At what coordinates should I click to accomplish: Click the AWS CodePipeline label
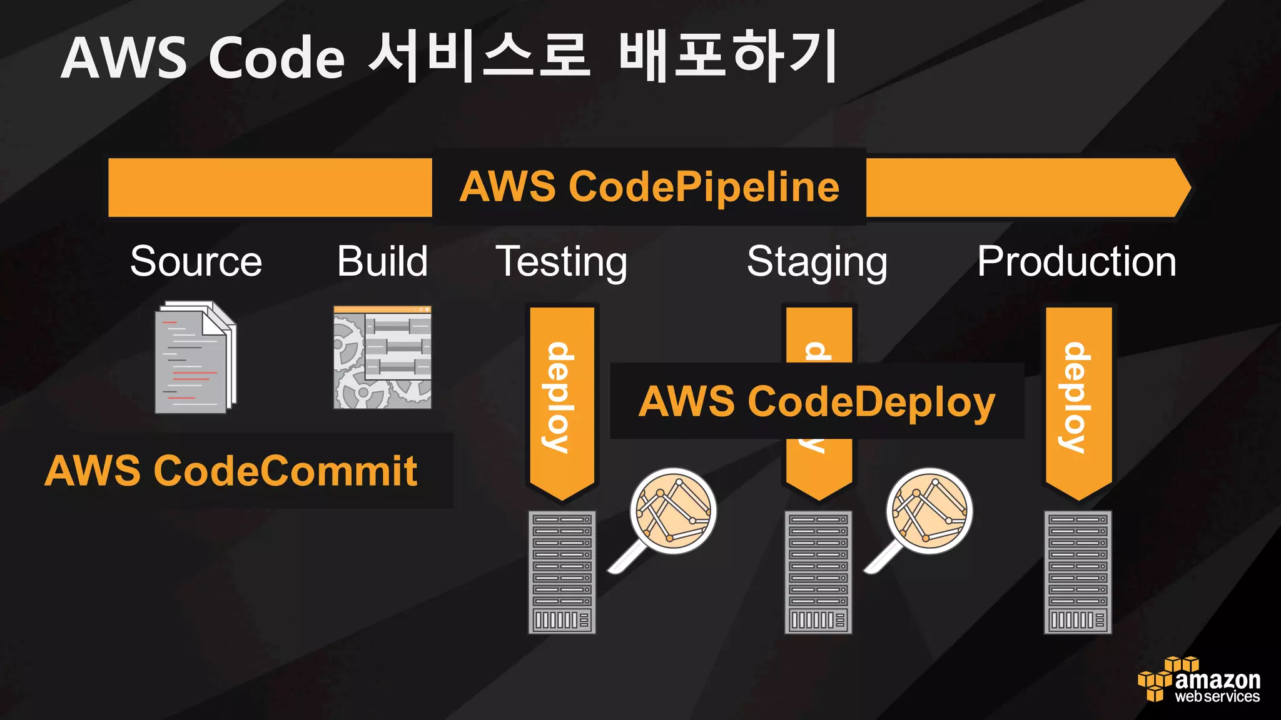649,187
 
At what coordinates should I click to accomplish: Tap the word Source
196,261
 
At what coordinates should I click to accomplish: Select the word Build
382,261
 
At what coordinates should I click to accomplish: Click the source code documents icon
195,357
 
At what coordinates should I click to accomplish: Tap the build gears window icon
382,357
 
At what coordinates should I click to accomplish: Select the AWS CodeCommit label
231,471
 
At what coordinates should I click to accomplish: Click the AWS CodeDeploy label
816,401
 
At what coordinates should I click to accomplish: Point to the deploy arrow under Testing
562,400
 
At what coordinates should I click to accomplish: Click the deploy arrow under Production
1078,400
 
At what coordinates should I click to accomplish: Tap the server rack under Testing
562,572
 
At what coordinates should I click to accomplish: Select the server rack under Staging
818,572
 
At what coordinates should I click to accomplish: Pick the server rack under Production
1078,572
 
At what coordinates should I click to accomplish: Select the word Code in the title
276,57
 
